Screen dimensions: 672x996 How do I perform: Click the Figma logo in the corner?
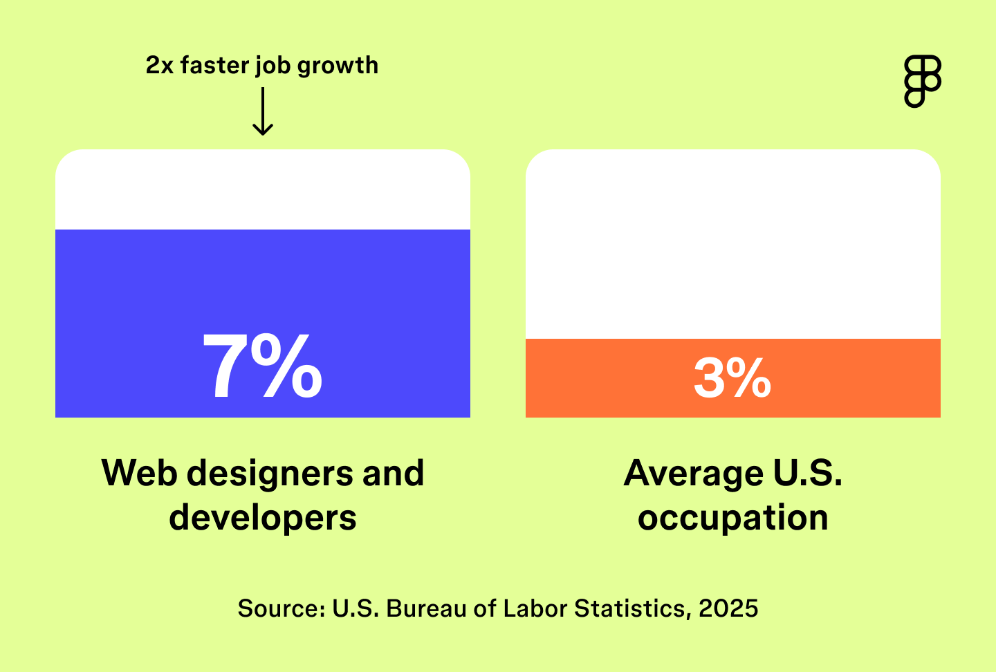[923, 82]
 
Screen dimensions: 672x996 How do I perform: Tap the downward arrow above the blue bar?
[263, 112]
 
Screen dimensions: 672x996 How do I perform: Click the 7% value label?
[262, 366]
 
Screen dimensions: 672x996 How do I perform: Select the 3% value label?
[732, 378]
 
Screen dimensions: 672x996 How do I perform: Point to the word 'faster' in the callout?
[214, 65]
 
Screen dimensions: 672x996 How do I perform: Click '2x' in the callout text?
[159, 65]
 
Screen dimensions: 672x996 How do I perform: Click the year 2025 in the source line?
[728, 608]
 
